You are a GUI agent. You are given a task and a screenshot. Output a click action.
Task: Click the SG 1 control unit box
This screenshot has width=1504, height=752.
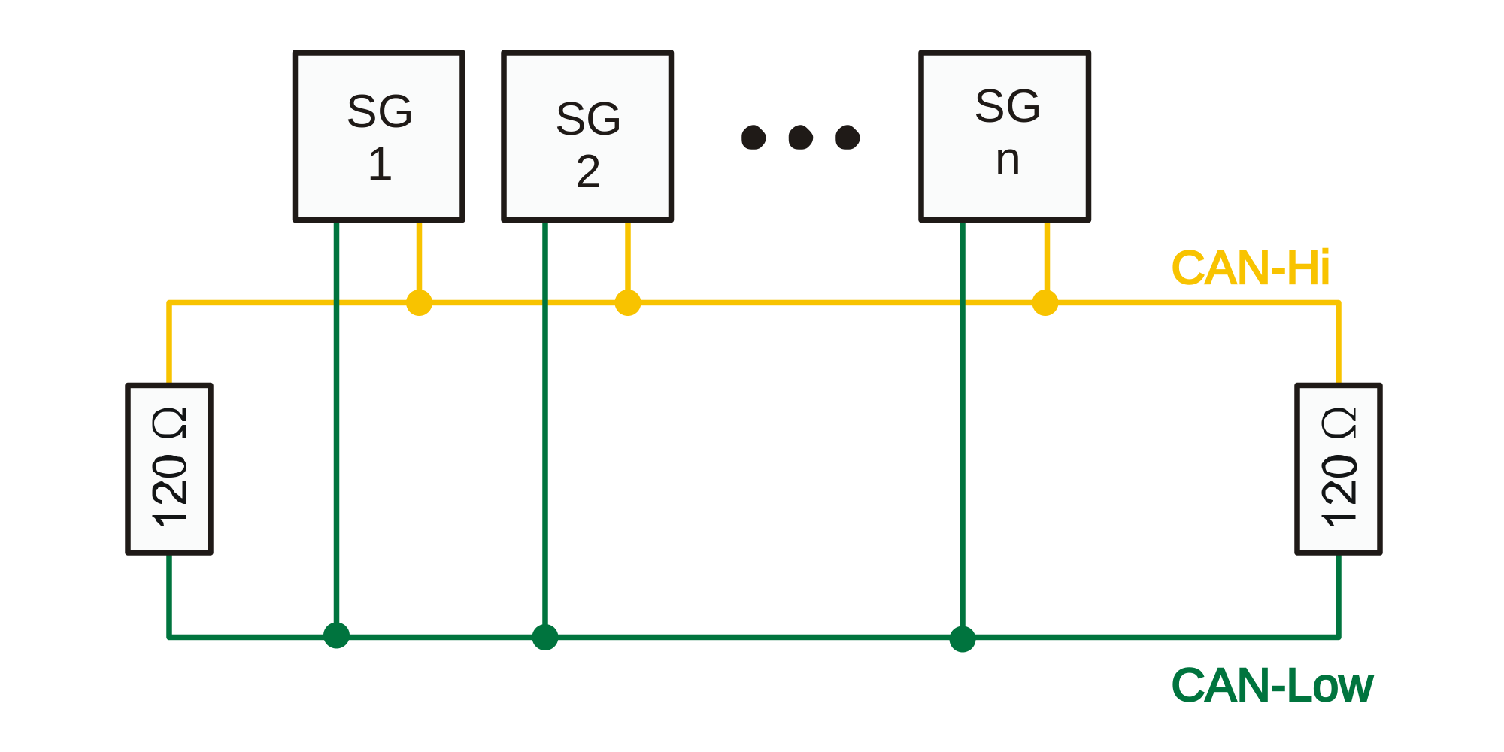pyautogui.click(x=378, y=136)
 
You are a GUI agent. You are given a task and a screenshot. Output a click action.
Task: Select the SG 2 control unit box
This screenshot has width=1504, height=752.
pyautogui.click(x=587, y=136)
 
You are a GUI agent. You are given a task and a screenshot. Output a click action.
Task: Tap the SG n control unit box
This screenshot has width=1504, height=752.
pyautogui.click(x=1005, y=136)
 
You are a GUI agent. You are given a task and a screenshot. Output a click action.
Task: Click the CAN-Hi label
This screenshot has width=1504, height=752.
pyautogui.click(x=1250, y=268)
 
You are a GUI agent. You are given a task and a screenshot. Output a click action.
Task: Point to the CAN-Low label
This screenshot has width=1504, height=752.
pyautogui.click(x=1272, y=686)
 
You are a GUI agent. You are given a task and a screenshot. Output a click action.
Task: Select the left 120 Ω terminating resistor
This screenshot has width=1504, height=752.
pyautogui.click(x=169, y=469)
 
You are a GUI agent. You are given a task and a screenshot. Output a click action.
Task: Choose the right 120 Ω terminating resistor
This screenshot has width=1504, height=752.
pyautogui.click(x=1339, y=469)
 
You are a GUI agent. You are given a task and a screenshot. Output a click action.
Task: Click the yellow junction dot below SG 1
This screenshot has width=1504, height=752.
pyautogui.click(x=419, y=302)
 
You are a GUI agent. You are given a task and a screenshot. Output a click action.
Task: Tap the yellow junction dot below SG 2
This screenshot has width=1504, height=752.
pyautogui.click(x=628, y=302)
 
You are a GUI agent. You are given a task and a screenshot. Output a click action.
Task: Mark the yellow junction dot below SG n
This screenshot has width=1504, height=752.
pyautogui.click(x=1045, y=302)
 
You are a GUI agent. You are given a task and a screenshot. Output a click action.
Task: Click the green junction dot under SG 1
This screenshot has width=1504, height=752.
pyautogui.click(x=336, y=635)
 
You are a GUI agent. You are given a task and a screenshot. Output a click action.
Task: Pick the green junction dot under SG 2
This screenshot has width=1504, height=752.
pyautogui.click(x=545, y=637)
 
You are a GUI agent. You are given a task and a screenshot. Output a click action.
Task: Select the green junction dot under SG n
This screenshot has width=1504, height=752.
pyautogui.click(x=962, y=638)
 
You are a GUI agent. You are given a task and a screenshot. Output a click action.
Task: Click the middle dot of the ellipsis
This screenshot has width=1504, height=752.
pyautogui.click(x=800, y=138)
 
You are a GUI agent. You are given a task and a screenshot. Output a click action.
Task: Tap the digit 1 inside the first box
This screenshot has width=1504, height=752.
pyautogui.click(x=380, y=165)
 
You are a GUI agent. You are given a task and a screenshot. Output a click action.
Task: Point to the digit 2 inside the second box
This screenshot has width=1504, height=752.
pyautogui.click(x=588, y=172)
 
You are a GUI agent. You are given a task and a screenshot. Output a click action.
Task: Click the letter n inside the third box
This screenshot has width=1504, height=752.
pyautogui.click(x=1008, y=161)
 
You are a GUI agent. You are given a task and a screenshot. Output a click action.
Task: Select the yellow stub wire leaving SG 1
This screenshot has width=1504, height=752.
pyautogui.click(x=419, y=256)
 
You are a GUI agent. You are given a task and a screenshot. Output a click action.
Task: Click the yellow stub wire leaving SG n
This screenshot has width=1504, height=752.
pyautogui.click(x=1047, y=256)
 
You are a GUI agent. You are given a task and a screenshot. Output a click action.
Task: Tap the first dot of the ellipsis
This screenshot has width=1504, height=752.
pyautogui.click(x=754, y=138)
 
